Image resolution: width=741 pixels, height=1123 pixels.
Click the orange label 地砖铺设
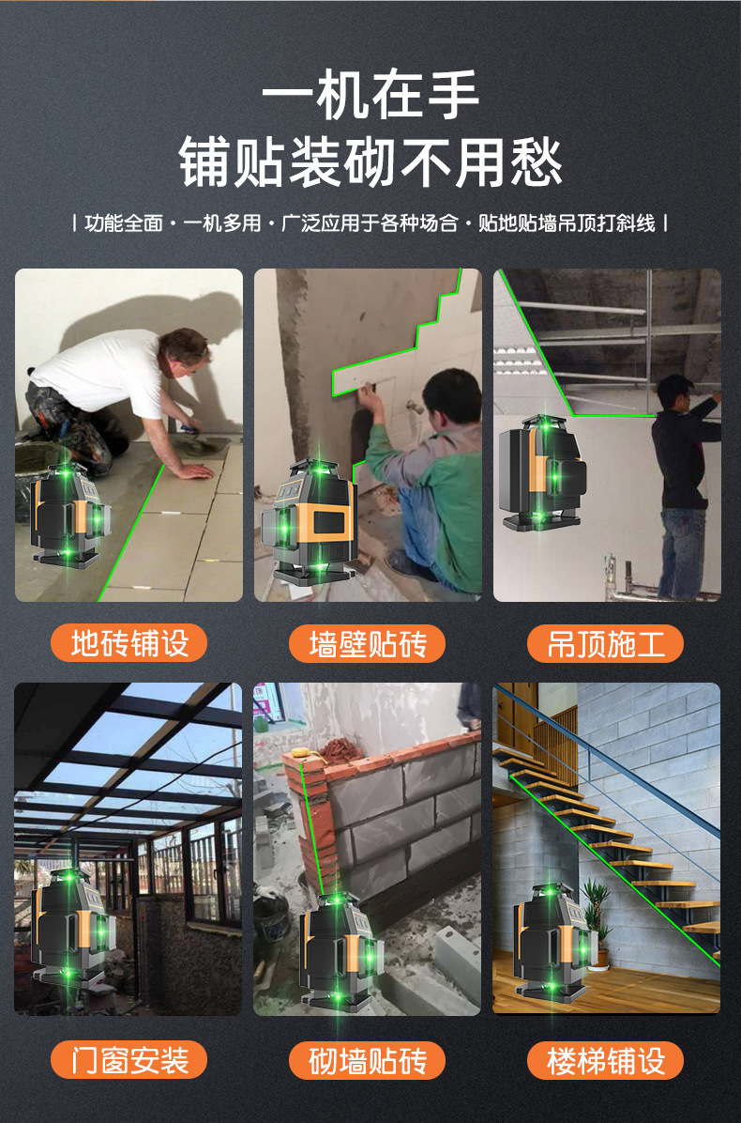pos(129,644)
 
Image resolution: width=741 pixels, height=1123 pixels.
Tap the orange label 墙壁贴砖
pos(368,644)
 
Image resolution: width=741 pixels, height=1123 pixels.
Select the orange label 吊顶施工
pos(606,644)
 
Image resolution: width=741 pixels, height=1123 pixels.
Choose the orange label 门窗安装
pos(129,1060)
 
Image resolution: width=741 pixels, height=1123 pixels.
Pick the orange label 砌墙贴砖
pos(368,1060)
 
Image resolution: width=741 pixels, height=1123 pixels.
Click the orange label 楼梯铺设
pos(606,1060)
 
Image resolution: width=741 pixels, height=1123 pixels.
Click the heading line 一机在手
pos(370,96)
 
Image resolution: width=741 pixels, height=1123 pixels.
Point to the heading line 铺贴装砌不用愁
pos(370,162)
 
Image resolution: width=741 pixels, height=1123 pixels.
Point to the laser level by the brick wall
pos(339,948)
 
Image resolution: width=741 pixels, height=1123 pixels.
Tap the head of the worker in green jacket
pos(451,394)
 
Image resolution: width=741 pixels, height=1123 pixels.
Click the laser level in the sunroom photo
pos(71,925)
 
